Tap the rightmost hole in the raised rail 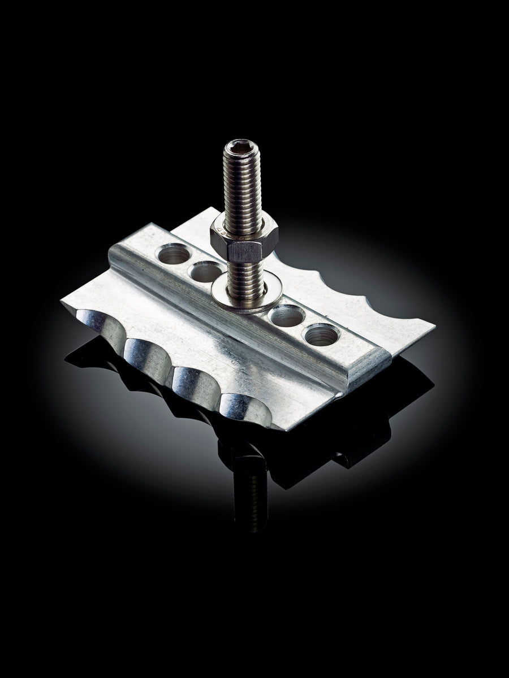tap(320, 335)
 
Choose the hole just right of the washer tap(287, 316)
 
